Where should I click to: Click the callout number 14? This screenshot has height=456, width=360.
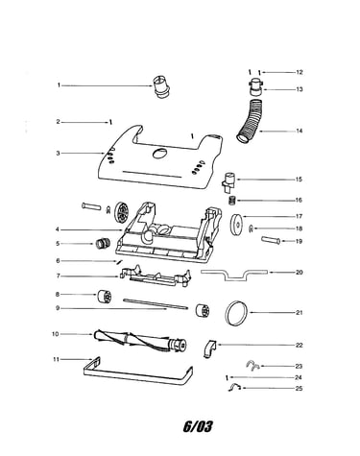[x=299, y=131]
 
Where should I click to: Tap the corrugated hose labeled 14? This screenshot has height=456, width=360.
[x=252, y=121]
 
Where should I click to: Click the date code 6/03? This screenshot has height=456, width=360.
[x=198, y=426]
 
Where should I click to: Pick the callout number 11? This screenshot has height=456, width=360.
[x=56, y=359]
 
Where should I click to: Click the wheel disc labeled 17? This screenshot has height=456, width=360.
[x=237, y=222]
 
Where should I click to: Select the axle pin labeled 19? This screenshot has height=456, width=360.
[x=271, y=240]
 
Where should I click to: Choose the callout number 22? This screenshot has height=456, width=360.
[x=299, y=345]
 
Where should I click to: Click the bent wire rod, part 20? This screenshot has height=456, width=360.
[x=234, y=275]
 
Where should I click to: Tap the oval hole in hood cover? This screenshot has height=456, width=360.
[x=159, y=153]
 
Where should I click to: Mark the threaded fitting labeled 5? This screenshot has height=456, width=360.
[x=103, y=244]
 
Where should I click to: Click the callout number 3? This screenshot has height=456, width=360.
[x=58, y=153]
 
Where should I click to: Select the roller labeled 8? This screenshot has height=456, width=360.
[x=105, y=297]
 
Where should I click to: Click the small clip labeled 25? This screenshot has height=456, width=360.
[x=234, y=387]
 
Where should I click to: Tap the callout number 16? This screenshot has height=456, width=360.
[x=299, y=201]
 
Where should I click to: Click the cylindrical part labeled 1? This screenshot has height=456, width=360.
[x=160, y=86]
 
